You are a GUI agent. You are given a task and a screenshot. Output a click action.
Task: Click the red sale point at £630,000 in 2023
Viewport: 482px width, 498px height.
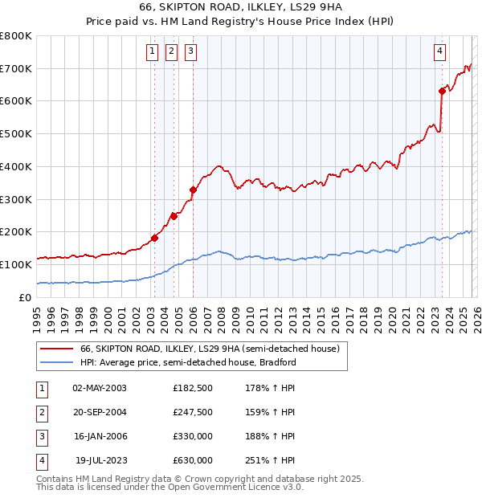point(442,91)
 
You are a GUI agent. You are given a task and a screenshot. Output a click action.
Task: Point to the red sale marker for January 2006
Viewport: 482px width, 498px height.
point(193,190)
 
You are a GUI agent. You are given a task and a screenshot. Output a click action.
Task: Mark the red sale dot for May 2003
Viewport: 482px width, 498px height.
point(154,238)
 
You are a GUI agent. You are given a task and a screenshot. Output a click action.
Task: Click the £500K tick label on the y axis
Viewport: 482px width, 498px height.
point(15,134)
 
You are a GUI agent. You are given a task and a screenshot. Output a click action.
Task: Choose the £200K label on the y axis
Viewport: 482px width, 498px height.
point(15,232)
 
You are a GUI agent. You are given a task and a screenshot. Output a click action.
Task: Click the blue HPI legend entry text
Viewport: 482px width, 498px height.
point(188,362)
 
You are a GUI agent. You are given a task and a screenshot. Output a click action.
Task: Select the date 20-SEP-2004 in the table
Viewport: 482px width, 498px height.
point(100,411)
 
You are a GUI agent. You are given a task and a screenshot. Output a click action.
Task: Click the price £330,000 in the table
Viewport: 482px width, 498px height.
point(193,435)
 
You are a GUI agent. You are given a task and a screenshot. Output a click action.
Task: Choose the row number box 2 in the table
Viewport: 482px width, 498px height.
point(41,411)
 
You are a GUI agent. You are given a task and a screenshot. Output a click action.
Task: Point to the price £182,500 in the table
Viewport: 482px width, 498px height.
point(193,387)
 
